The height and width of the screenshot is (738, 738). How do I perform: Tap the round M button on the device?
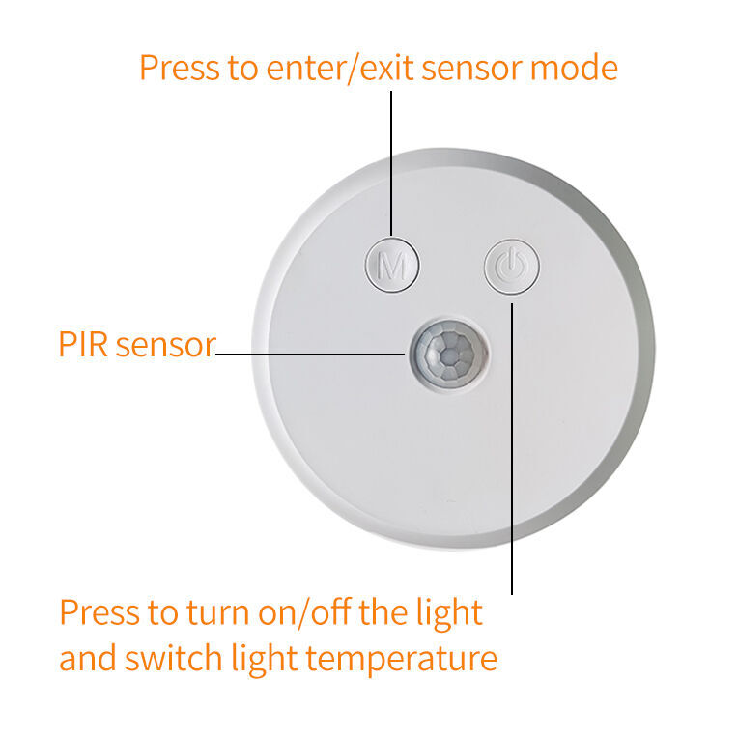392,265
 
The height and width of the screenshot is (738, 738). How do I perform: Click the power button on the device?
511,265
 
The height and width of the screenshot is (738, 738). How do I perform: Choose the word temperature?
403,659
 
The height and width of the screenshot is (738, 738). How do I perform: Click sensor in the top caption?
468,68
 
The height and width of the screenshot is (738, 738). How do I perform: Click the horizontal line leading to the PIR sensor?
309,355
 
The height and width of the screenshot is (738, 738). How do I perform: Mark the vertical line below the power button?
512,444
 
